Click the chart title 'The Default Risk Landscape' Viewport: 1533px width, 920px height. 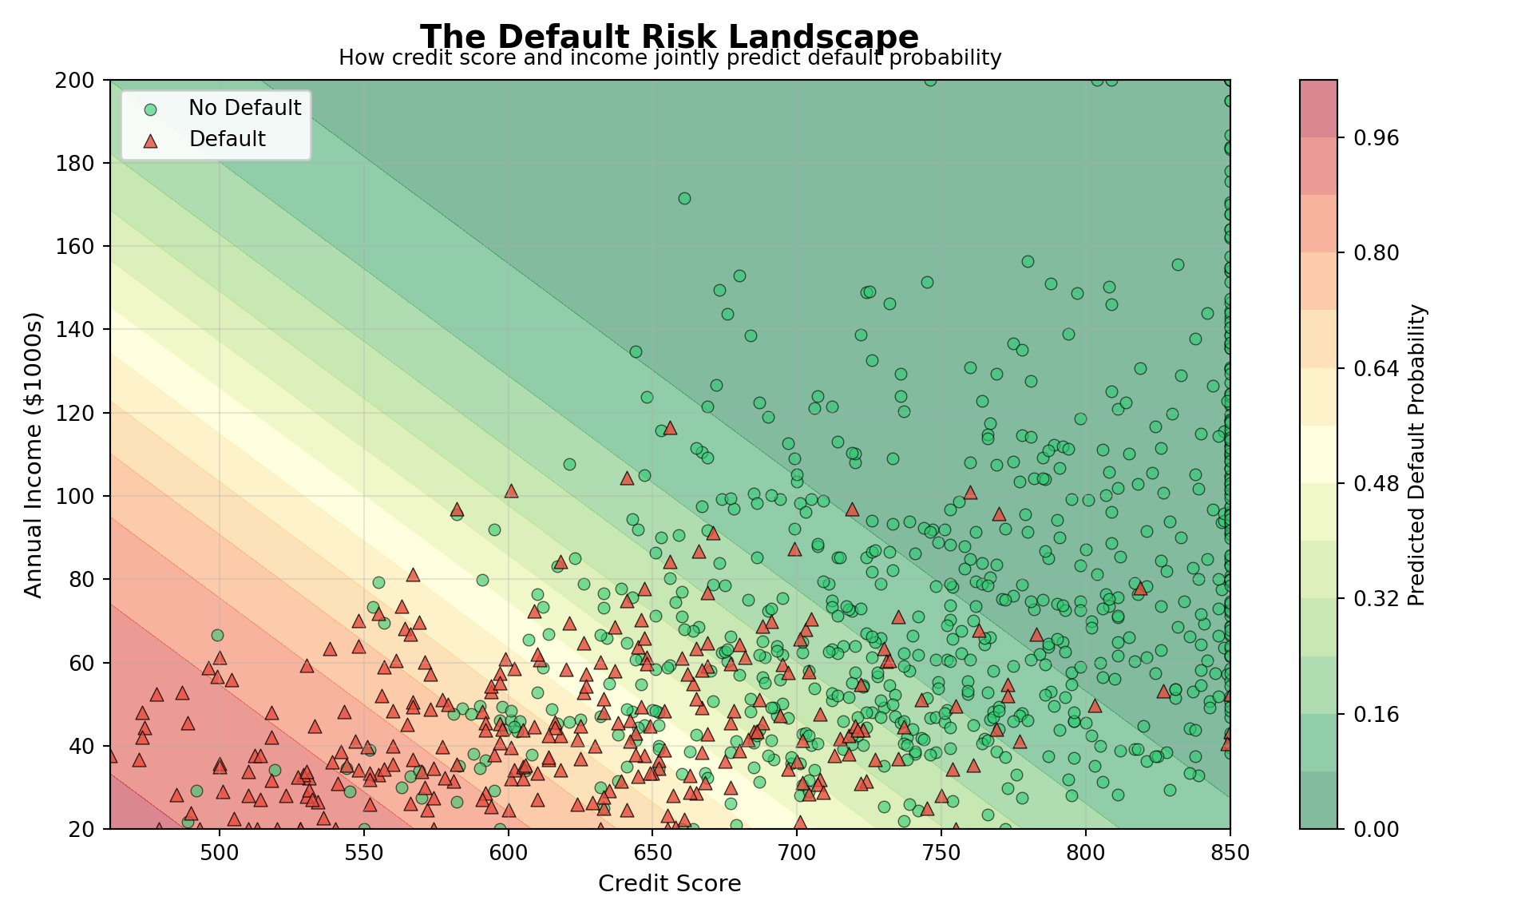pos(669,37)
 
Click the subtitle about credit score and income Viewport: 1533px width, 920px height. pos(669,58)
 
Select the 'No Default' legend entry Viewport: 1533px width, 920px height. pos(244,108)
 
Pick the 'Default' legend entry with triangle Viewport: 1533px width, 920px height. pos(227,139)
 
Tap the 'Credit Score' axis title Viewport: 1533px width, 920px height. pos(669,883)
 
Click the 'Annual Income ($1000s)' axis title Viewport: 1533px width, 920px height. pos(33,454)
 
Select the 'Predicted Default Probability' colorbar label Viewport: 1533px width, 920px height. pos(1416,454)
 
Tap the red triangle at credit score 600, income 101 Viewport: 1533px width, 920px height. pos(511,491)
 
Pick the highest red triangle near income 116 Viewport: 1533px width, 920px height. pos(670,428)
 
